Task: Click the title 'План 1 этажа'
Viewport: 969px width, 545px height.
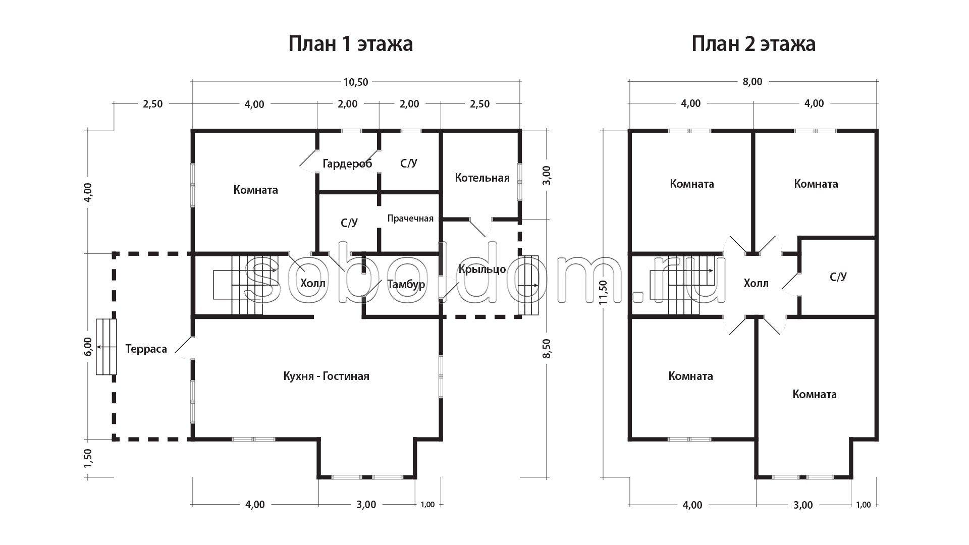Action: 351,44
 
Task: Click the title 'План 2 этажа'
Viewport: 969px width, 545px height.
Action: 753,44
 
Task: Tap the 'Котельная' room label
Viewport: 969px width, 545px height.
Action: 482,178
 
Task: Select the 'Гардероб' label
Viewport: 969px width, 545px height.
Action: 347,164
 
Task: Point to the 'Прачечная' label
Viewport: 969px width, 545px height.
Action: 410,219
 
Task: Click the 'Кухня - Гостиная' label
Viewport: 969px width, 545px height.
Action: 326,376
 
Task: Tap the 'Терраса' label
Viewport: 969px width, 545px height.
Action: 146,349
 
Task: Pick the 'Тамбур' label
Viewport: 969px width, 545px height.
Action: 406,285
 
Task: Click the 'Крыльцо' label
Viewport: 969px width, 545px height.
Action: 482,269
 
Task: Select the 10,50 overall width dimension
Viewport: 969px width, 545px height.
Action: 356,82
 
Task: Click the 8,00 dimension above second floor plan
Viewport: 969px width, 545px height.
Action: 752,82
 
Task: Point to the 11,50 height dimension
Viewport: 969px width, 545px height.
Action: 603,293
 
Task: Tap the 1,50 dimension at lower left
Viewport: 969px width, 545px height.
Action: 88,458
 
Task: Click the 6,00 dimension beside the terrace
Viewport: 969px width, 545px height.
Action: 88,347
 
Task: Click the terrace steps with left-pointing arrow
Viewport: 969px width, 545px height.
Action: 106,347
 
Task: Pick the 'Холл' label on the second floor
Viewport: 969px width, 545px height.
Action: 756,284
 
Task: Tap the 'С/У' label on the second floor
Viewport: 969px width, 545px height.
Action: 838,277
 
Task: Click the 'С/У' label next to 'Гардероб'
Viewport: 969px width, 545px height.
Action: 409,163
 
